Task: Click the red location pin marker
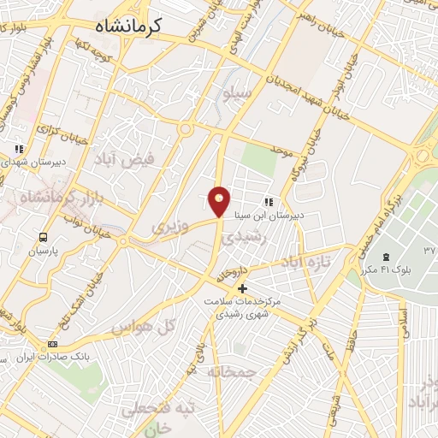pyautogui.click(x=220, y=200)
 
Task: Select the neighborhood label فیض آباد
pyautogui.click(x=126, y=159)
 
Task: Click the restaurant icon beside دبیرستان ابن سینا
pyautogui.click(x=268, y=203)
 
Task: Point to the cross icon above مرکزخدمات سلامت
pyautogui.click(x=243, y=288)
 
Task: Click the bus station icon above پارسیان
pyautogui.click(x=43, y=236)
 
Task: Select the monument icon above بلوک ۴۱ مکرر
pyautogui.click(x=385, y=257)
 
